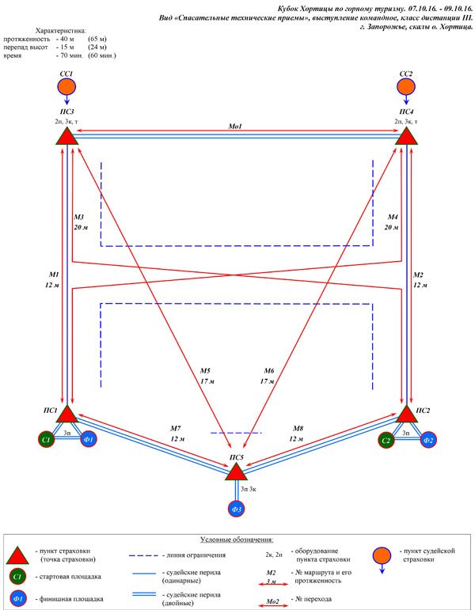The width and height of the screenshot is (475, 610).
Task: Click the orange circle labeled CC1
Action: click(x=66, y=86)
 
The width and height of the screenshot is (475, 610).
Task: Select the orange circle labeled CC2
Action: click(x=405, y=86)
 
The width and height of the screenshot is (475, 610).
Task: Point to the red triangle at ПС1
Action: click(x=67, y=415)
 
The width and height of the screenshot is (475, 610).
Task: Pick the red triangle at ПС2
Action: click(x=407, y=415)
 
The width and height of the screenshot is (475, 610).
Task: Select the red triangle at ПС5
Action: click(x=237, y=472)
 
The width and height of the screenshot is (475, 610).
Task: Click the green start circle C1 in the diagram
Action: click(x=47, y=440)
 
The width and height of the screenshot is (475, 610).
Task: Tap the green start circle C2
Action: click(x=386, y=440)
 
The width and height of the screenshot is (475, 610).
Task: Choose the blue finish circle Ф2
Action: click(x=428, y=440)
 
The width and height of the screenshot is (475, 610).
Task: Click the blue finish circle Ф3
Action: click(x=237, y=509)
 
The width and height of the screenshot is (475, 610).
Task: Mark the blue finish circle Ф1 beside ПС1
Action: click(x=89, y=440)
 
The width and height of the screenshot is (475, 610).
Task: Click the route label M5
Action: click(x=205, y=371)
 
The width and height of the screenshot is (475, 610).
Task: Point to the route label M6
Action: click(x=269, y=371)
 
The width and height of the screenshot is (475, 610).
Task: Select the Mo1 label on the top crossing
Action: click(x=235, y=127)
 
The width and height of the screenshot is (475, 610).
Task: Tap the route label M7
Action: click(x=176, y=428)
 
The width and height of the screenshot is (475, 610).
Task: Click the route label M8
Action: click(x=298, y=428)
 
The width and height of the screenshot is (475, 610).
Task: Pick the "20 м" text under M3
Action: click(x=81, y=227)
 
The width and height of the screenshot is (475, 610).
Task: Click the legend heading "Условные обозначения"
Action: click(x=237, y=540)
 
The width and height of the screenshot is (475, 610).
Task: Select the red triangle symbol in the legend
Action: click(x=17, y=556)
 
